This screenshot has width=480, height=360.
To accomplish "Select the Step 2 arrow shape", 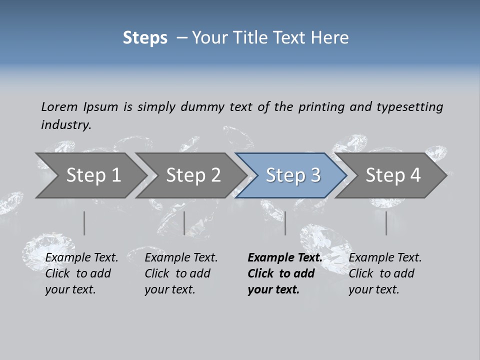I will pyautogui.click(x=193, y=175).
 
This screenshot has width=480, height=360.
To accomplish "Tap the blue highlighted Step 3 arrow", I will pyautogui.click(x=293, y=175).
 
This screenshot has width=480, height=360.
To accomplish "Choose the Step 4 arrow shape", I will pyautogui.click(x=393, y=175).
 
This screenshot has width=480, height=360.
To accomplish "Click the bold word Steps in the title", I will pyautogui.click(x=145, y=37).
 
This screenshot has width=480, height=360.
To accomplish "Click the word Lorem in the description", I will pyautogui.click(x=59, y=106).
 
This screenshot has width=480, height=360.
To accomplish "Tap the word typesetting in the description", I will pyautogui.click(x=409, y=106).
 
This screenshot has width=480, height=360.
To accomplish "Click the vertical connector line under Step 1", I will pyautogui.click(x=84, y=223).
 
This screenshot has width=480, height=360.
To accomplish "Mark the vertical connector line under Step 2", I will pyautogui.click(x=184, y=223).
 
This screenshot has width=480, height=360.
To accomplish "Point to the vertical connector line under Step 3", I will pyautogui.click(x=285, y=223).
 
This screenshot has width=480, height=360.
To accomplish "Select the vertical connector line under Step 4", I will pyautogui.click(x=386, y=223).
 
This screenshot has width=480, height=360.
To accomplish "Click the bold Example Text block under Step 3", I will pyautogui.click(x=284, y=273).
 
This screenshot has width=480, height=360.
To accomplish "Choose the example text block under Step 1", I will pyautogui.click(x=81, y=273).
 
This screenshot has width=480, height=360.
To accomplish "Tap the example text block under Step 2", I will pyautogui.click(x=181, y=273).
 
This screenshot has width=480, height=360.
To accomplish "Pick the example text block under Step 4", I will pyautogui.click(x=385, y=273).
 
